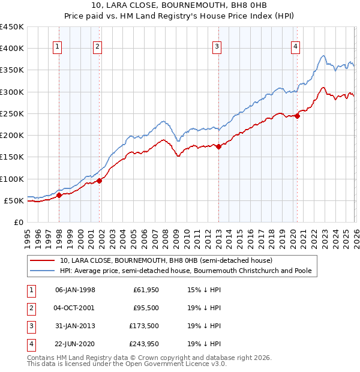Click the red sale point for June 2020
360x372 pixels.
click(297, 116)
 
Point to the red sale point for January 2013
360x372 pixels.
click(218, 146)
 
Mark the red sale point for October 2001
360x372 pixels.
click(99, 181)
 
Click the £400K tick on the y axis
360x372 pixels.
click(12, 49)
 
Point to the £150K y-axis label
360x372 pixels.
click(12, 157)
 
